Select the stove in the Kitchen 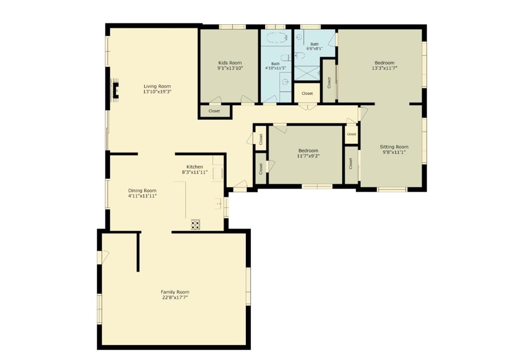pyautogui.click(x=195, y=225)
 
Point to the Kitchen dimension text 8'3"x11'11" pyautogui.click(x=195, y=172)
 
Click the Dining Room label pyautogui.click(x=142, y=190)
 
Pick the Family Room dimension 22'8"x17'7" pyautogui.click(x=175, y=298)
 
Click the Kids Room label pyautogui.click(x=230, y=63)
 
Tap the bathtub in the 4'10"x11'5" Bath pyautogui.click(x=275, y=37)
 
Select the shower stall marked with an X pyautogui.click(x=307, y=73)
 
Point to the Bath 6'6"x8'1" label pyautogui.click(x=314, y=44)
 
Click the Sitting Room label pyautogui.click(x=394, y=147)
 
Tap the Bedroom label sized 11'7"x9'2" pyautogui.click(x=308, y=151)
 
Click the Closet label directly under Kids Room pyautogui.click(x=214, y=111)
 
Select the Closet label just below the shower pyautogui.click(x=307, y=93)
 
